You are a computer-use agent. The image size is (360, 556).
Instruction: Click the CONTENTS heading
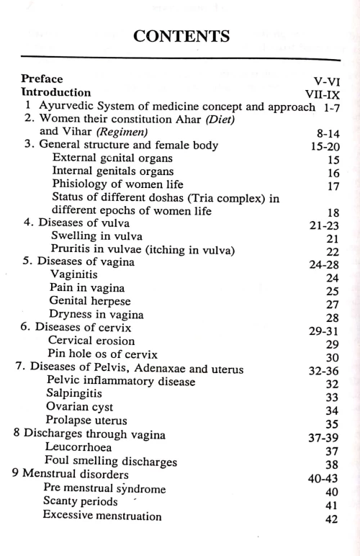(x=180, y=34)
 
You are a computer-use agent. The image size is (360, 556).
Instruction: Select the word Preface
(x=42, y=79)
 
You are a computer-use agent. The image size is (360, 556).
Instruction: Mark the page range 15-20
(x=318, y=145)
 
